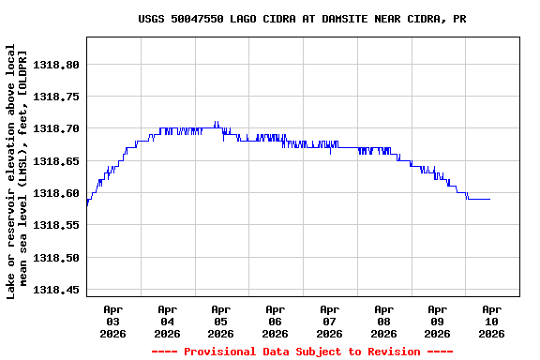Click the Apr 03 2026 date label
click(113, 321)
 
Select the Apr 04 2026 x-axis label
click(167, 321)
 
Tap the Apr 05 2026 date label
click(221, 321)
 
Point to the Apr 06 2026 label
click(276, 321)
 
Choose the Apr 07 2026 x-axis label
click(329, 321)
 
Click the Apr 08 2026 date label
click(383, 321)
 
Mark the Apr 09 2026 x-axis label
click(438, 321)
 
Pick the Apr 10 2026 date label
click(491, 321)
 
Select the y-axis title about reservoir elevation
click(18, 173)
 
